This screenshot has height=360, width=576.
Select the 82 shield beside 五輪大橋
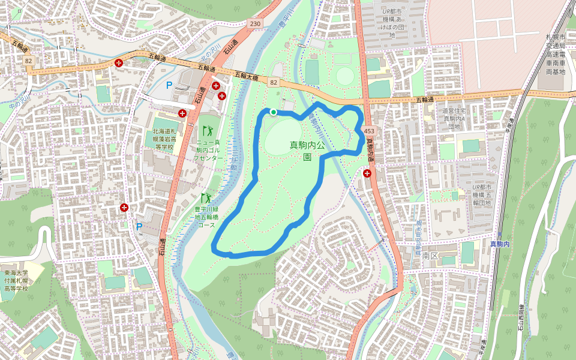[274, 82]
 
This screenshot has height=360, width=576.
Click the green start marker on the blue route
[274, 112]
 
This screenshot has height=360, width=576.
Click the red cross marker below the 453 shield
[367, 173]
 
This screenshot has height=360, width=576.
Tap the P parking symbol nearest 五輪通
[169, 86]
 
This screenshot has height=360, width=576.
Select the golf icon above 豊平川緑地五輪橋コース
[205, 198]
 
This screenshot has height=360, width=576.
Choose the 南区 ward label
[430, 256]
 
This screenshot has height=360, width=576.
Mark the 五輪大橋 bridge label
[246, 76]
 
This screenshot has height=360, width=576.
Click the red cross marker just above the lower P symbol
[124, 208]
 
